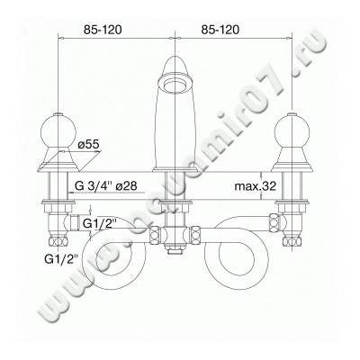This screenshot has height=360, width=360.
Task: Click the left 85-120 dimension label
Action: (103, 30)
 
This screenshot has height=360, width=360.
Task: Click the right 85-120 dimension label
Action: (220, 30)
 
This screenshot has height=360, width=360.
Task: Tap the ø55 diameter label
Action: (88, 145)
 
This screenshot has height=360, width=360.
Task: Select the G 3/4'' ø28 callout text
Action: (106, 186)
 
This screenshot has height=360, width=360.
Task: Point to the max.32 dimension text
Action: (256, 186)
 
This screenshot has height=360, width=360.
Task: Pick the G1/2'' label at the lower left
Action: (60, 258)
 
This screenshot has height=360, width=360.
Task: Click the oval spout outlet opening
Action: (175, 83)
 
